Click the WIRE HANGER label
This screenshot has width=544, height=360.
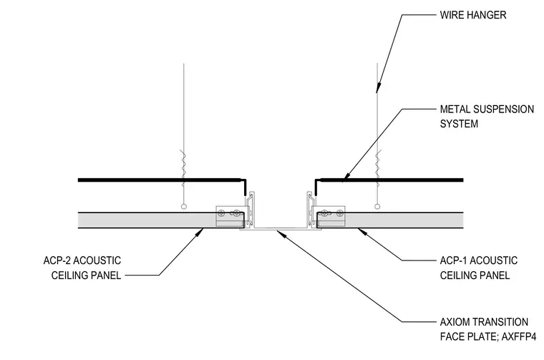473,15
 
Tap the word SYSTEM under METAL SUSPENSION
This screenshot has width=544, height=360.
459,124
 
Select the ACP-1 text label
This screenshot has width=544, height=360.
453,261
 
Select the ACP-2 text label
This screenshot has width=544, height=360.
57,261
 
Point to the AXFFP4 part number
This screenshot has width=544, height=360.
519,337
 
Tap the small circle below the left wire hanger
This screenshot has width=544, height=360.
184,207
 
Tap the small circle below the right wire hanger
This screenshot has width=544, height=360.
377,207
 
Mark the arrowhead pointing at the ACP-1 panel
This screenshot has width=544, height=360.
362,231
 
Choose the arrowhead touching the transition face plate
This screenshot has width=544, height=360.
281,233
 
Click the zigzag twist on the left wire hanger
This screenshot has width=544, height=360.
184,164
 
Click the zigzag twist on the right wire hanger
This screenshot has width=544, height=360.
377,164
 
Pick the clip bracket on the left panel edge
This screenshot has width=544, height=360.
230,216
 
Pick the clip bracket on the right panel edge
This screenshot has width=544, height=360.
331,216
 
